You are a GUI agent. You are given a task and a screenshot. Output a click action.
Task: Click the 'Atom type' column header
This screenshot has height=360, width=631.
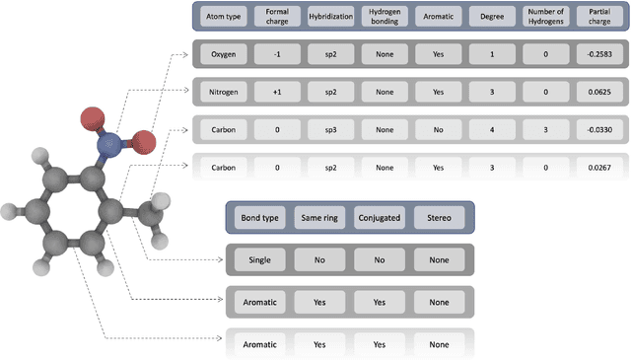(222, 18)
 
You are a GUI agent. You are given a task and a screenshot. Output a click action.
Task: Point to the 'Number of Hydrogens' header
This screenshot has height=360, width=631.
(543, 18)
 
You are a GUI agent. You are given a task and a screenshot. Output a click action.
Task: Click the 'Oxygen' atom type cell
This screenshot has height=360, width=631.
(222, 54)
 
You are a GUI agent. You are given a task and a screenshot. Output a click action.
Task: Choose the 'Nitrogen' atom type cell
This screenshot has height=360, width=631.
(222, 92)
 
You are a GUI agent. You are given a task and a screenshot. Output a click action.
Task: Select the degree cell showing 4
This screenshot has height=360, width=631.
(488, 129)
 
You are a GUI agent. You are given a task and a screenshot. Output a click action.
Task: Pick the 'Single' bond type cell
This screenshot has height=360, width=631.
(259, 260)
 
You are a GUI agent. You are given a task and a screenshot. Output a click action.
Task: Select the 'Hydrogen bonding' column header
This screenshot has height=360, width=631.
(381, 18)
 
